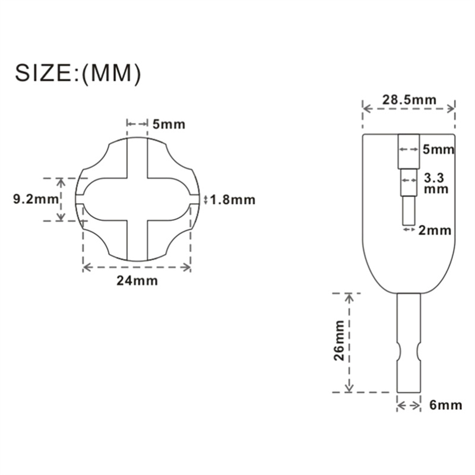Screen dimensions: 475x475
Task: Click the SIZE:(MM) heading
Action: tap(78, 73)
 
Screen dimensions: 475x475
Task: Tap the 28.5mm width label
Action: tap(409, 100)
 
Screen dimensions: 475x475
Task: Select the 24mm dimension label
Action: tap(137, 281)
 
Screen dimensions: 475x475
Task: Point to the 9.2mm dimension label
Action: tap(36, 199)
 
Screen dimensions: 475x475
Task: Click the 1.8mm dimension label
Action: tap(233, 200)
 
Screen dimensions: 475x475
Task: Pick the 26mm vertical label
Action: tap(339, 340)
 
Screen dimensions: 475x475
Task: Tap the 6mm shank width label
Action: tap(446, 405)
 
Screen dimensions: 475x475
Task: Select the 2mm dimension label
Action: tap(435, 230)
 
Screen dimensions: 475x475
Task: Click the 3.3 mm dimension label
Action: tap(436, 183)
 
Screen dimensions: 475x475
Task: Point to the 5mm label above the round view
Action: tap(169, 125)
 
